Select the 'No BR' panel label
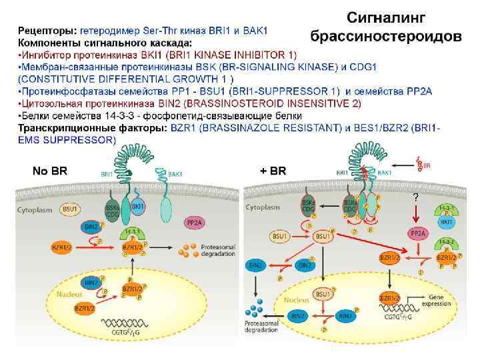click(x=50, y=171)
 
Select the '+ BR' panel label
click(x=273, y=171)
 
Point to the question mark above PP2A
click(x=415, y=197)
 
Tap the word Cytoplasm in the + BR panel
click(x=263, y=208)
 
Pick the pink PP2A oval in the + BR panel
click(x=417, y=232)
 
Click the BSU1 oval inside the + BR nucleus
click(x=323, y=293)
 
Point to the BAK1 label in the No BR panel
click(x=176, y=173)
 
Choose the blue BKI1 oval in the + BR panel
click(x=447, y=222)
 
